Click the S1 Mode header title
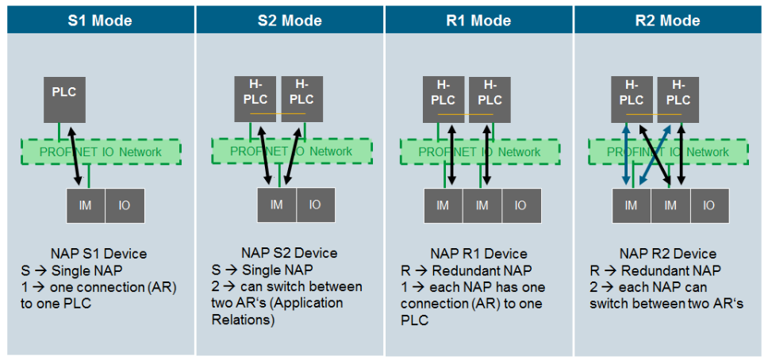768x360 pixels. [x=102, y=21]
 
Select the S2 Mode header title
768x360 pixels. [x=290, y=21]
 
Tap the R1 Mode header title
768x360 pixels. [x=479, y=21]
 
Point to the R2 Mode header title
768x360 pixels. [x=668, y=21]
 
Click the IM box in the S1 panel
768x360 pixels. [x=86, y=205]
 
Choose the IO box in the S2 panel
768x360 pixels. [x=315, y=205]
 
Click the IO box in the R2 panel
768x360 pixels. [x=709, y=205]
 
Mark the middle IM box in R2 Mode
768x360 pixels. [x=670, y=205]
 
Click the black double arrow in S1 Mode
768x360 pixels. [x=73, y=156]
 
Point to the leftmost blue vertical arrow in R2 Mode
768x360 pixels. [x=626, y=155]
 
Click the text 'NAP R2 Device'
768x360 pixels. [x=668, y=254]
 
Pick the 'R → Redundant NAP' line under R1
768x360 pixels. [x=466, y=270]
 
